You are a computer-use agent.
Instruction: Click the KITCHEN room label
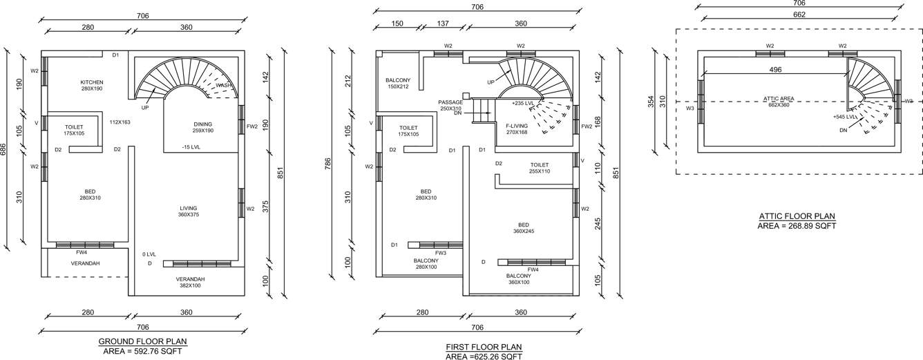[91, 82]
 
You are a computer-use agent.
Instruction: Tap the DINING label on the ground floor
[202, 124]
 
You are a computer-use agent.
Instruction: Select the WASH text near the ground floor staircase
[223, 86]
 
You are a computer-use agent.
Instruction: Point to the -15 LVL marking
[191, 147]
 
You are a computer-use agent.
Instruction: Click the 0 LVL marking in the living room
[150, 254]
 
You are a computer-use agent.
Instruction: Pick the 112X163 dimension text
[120, 122]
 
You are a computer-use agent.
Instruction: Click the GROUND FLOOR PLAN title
[142, 341]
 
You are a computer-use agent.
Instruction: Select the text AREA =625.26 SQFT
[484, 357]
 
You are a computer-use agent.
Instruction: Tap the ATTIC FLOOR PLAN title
[797, 216]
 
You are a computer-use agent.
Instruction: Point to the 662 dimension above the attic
[800, 14]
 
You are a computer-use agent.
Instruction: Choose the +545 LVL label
[846, 117]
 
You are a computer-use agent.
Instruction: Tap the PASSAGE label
[450, 102]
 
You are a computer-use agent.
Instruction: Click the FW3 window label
[440, 253]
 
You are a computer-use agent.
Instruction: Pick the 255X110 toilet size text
[539, 171]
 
